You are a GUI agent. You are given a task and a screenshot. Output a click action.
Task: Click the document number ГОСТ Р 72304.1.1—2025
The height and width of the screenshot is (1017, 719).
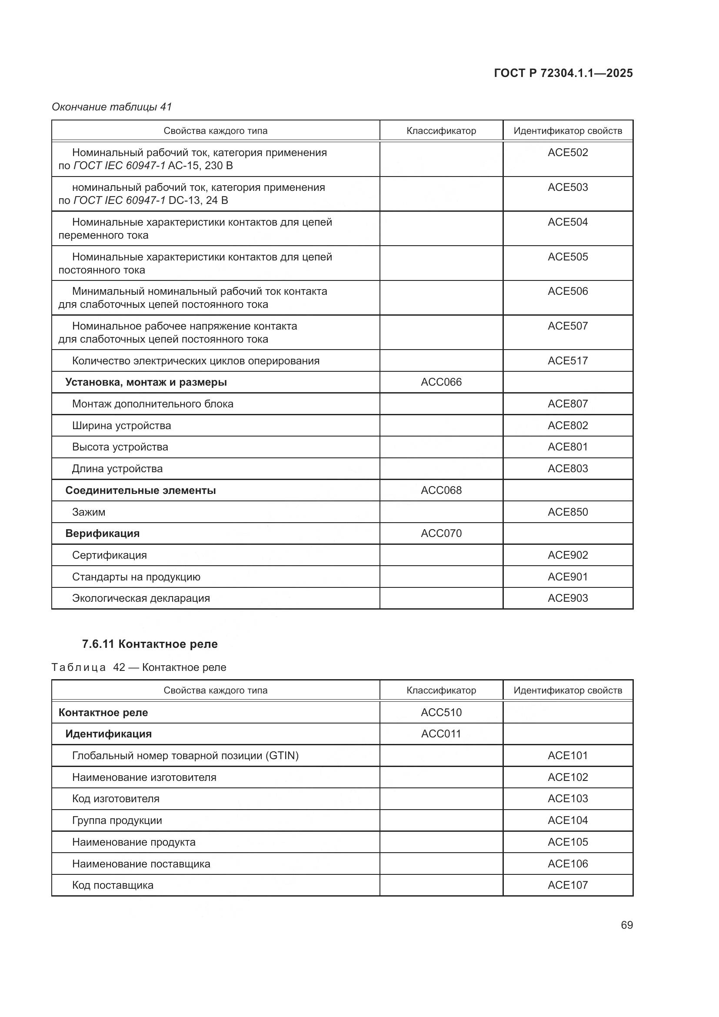tap(563, 73)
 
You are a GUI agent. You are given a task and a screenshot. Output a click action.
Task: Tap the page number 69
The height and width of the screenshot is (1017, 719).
tap(626, 925)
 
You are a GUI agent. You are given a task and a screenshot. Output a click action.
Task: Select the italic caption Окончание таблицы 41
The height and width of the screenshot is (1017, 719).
tap(112, 107)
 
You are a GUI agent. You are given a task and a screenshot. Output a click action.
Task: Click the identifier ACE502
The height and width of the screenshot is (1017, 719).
tap(568, 152)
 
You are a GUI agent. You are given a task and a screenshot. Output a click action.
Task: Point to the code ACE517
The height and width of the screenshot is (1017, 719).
tap(568, 360)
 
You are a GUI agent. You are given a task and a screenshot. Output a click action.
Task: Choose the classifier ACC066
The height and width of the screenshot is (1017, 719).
tap(441, 382)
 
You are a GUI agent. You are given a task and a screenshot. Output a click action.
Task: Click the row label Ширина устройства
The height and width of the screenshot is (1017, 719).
tap(121, 425)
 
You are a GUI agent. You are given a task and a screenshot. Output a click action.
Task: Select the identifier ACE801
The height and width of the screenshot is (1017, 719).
tap(568, 447)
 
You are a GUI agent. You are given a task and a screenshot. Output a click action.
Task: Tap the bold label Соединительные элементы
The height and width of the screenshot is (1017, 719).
tap(140, 490)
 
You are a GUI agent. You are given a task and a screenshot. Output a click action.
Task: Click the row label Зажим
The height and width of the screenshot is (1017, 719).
tap(89, 512)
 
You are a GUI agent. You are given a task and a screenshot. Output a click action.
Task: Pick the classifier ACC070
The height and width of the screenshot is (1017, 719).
tap(441, 534)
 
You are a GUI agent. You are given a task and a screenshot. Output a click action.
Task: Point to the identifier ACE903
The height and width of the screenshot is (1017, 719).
tap(568, 598)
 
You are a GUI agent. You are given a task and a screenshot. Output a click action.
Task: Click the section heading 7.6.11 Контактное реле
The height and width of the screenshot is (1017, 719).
tap(150, 644)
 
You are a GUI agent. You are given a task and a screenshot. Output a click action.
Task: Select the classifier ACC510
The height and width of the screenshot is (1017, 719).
tap(441, 712)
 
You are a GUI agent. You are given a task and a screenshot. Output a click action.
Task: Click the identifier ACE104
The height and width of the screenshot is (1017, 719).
tap(568, 820)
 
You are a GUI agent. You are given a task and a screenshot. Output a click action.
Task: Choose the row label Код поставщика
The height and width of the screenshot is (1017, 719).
tap(113, 885)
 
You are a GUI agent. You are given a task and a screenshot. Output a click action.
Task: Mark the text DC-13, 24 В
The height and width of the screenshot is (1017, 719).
tap(198, 200)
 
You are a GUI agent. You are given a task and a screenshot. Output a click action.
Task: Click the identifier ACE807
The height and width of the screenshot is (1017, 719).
tap(568, 403)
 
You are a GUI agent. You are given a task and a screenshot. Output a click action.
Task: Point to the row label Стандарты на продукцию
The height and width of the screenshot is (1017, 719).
tap(136, 577)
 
